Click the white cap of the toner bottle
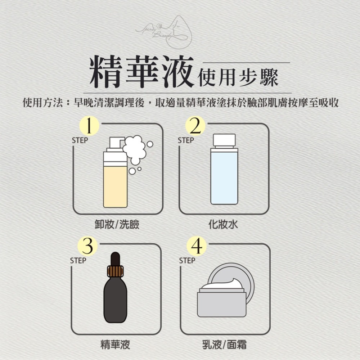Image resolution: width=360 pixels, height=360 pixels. [x=224, y=140]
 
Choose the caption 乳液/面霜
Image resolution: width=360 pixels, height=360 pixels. [x=224, y=345]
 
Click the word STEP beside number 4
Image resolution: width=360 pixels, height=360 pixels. [x=187, y=260]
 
